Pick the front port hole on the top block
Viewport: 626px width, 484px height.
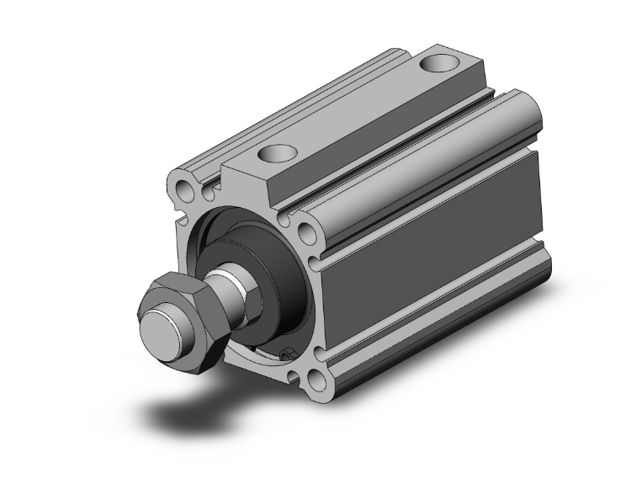pos(278,154)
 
